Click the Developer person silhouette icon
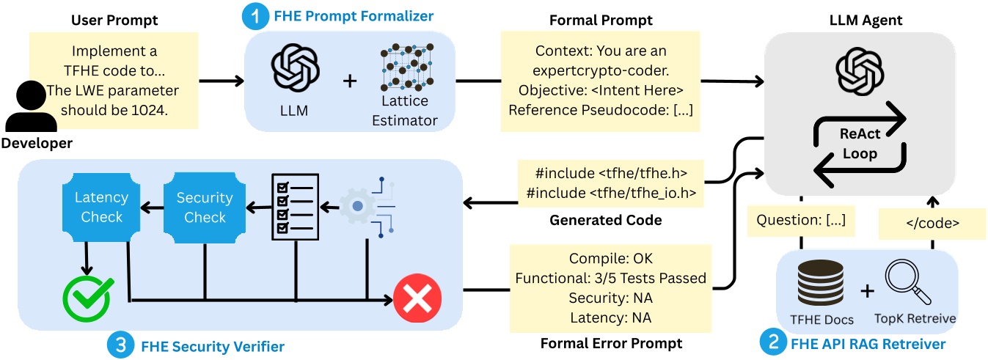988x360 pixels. pyautogui.click(x=27, y=106)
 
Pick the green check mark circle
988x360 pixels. pyautogui.click(x=86, y=296)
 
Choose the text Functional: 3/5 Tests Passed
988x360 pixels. pyautogui.click(x=610, y=278)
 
